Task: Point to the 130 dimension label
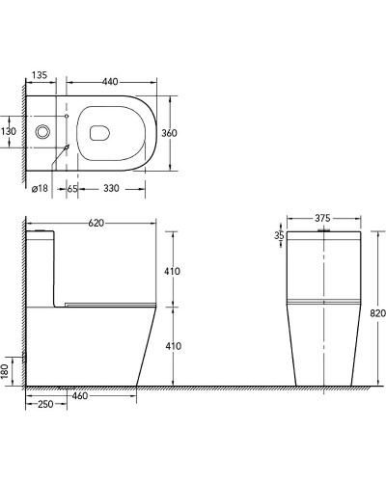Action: point(9,131)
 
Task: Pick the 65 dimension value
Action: point(72,188)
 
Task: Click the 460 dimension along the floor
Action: point(81,395)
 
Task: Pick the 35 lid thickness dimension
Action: point(279,234)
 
